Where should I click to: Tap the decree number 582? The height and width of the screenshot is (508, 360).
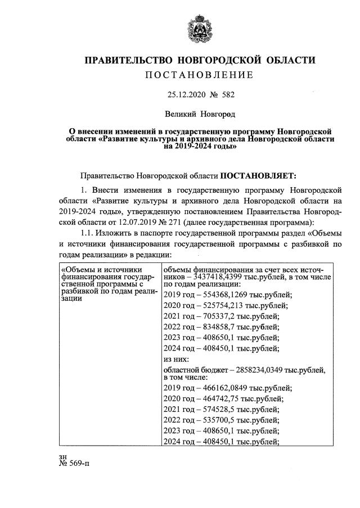[226, 96]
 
